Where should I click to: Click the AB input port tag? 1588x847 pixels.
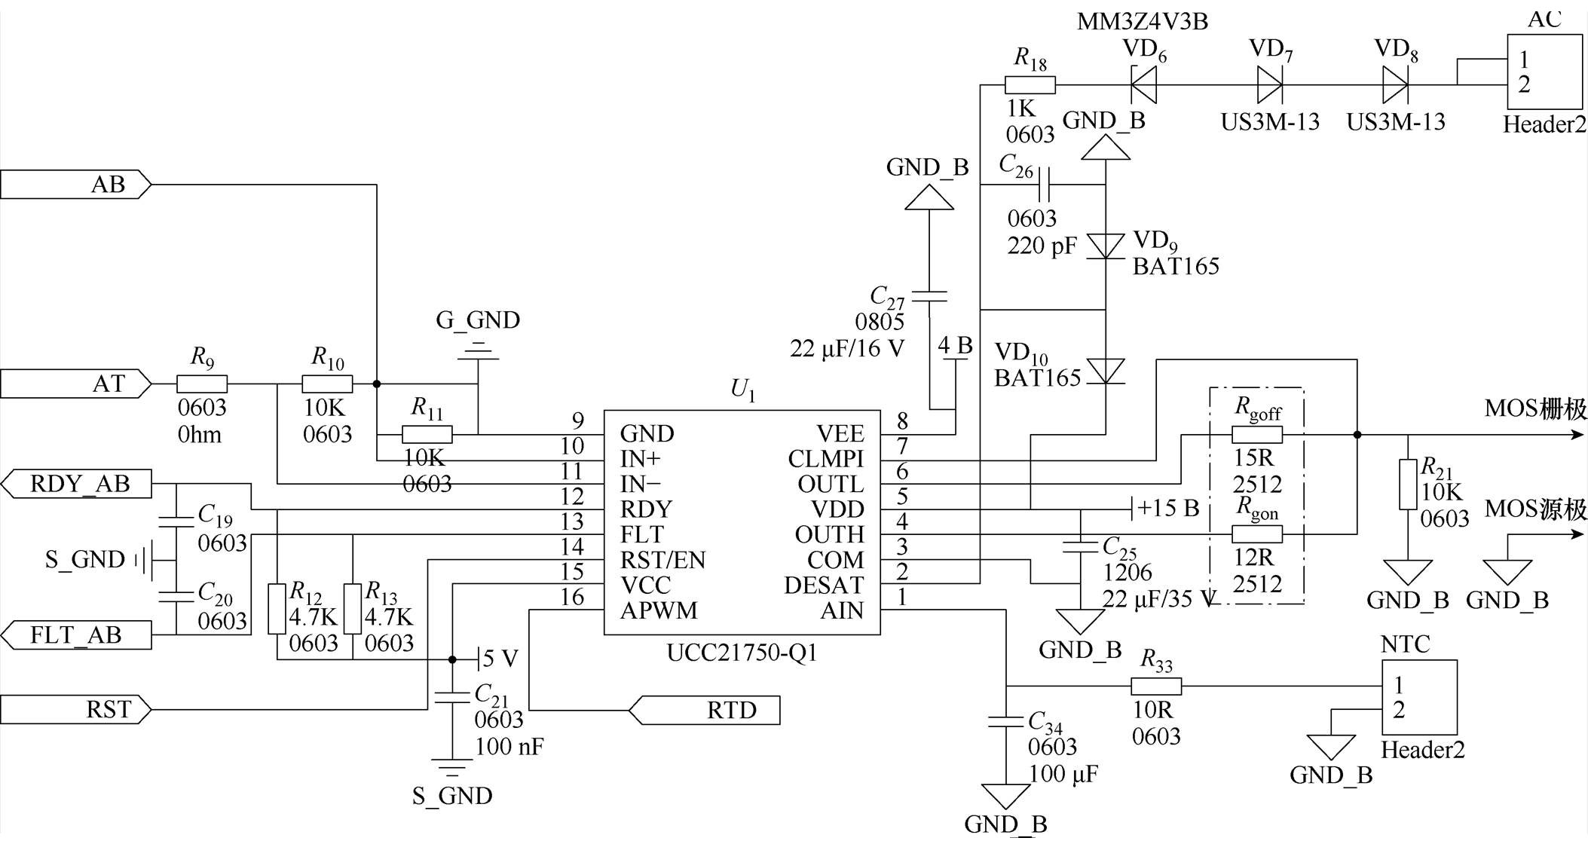click(75, 185)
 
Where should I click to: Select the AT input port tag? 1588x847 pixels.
click(75, 384)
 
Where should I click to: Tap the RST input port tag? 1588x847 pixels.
click(75, 710)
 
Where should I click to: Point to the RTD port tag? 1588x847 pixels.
click(704, 710)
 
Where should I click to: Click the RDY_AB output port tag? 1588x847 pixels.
click(76, 484)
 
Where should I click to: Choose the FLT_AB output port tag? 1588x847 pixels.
click(76, 635)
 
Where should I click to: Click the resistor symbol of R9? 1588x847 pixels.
click(202, 384)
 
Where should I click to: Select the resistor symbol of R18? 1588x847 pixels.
click(1030, 84)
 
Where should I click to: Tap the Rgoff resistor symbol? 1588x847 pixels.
click(1257, 435)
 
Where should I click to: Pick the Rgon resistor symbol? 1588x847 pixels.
click(1257, 534)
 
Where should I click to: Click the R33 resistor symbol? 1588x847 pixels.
click(1156, 686)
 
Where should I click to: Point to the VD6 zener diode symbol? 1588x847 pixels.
click(1144, 84)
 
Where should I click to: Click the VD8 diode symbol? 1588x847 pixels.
click(1395, 84)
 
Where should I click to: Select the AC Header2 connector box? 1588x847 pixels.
click(1544, 72)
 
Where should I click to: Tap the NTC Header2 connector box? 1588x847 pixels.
click(1419, 698)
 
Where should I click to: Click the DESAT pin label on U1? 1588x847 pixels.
click(824, 586)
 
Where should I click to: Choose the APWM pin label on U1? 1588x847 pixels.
click(659, 610)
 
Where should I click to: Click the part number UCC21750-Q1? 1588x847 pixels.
click(742, 653)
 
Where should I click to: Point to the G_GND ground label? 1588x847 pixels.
click(478, 320)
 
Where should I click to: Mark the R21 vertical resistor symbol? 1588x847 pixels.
click(1408, 485)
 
